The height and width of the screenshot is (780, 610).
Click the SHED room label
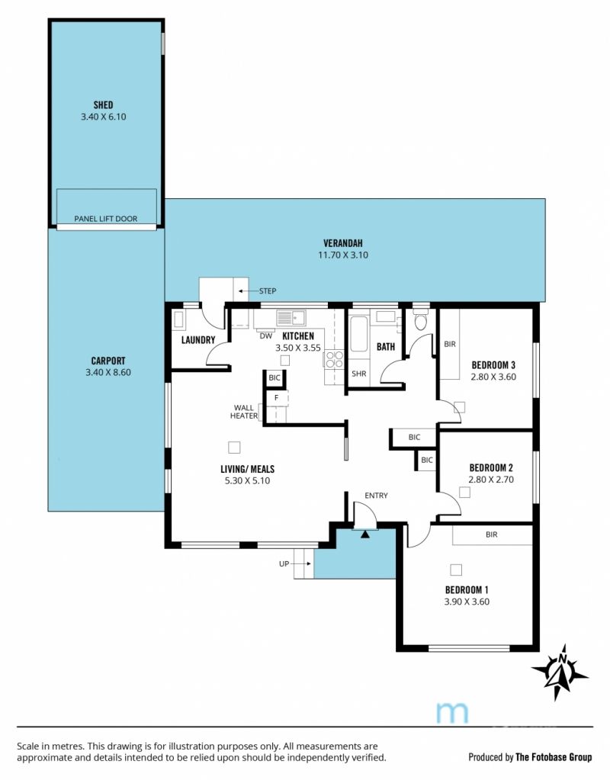pyautogui.click(x=103, y=105)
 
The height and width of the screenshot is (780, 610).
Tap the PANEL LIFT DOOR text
pyautogui.click(x=105, y=218)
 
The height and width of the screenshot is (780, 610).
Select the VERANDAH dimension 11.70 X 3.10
pyautogui.click(x=343, y=255)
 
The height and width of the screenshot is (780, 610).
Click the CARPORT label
pyautogui.click(x=108, y=361)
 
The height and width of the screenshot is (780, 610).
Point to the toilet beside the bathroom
pyautogui.click(x=421, y=320)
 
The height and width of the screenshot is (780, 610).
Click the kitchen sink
pyautogui.click(x=291, y=317)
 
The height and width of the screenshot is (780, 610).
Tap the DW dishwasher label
pyautogui.click(x=266, y=336)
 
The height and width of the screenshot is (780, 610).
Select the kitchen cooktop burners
pyautogui.click(x=334, y=359)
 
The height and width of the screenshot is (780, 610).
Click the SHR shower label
pyautogui.click(x=358, y=374)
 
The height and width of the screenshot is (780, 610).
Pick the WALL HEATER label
pyautogui.click(x=244, y=412)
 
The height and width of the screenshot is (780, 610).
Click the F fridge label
pyautogui.click(x=277, y=398)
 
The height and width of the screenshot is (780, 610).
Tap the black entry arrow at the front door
pyautogui.click(x=365, y=534)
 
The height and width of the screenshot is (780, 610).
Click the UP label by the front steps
pyautogui.click(x=284, y=563)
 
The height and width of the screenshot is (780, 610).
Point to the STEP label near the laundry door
pyautogui.click(x=268, y=291)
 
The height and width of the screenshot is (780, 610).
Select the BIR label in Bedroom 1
pyautogui.click(x=492, y=534)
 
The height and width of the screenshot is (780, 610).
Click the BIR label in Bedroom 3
pyautogui.click(x=450, y=344)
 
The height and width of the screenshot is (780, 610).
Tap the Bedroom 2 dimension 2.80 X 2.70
pyautogui.click(x=491, y=480)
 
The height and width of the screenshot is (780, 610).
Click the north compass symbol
pyautogui.click(x=560, y=672)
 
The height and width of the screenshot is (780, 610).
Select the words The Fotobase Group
pyautogui.click(x=554, y=757)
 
